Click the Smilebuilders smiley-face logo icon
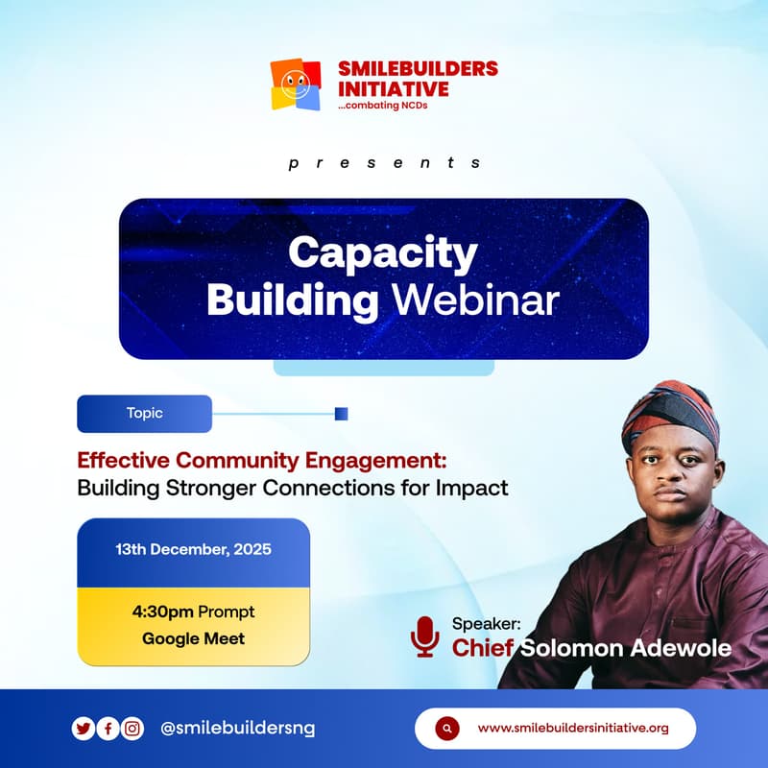[x=296, y=84]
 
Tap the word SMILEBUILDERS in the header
[x=418, y=68]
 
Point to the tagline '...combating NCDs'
[x=383, y=105]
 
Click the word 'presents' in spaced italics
[x=384, y=163]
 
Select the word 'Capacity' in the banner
[x=382, y=253]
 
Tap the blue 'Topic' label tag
[x=144, y=414]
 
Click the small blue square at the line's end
[x=341, y=414]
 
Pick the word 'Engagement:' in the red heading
[x=382, y=459]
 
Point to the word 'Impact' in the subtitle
[x=471, y=488]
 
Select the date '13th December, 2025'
[x=193, y=550]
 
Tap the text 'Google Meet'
[x=193, y=638]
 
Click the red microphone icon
[x=423, y=636]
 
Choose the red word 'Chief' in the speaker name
[x=483, y=648]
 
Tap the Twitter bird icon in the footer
[x=84, y=729]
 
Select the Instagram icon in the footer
[x=132, y=729]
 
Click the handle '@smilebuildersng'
[x=237, y=729]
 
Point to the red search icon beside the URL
[x=444, y=729]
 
